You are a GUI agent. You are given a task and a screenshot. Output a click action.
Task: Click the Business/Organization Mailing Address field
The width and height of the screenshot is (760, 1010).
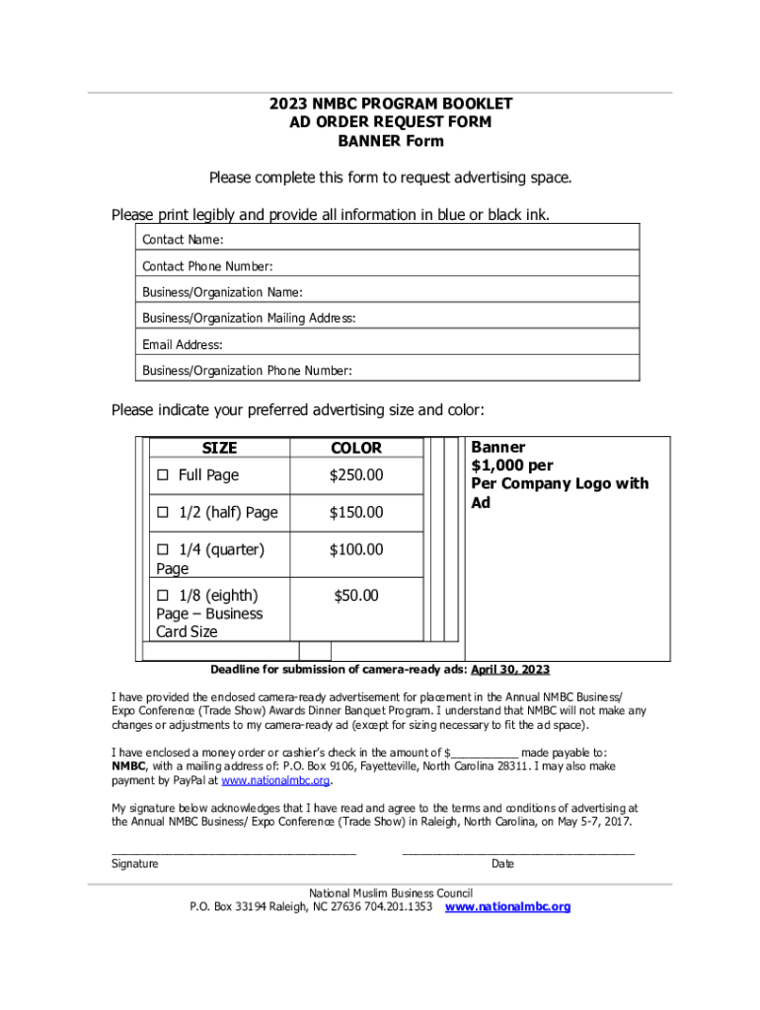(494, 319)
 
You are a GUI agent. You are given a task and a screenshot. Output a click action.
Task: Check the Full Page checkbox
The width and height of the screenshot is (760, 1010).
(163, 475)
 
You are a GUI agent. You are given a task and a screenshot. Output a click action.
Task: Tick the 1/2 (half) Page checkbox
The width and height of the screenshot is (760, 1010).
(163, 513)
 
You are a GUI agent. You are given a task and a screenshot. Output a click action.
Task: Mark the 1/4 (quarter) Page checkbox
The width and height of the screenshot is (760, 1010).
(163, 550)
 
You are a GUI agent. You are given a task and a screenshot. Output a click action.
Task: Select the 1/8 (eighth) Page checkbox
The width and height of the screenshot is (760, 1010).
(163, 596)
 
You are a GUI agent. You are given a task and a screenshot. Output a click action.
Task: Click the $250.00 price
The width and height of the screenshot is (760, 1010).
(356, 475)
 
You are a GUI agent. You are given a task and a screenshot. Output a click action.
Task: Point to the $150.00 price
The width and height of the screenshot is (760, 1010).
(356, 513)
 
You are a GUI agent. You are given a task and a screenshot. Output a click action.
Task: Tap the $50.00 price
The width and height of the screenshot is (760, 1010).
(356, 596)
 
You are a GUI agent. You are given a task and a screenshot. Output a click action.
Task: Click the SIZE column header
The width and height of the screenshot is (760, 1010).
(219, 448)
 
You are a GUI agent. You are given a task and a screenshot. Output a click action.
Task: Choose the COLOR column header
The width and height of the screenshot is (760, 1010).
(356, 448)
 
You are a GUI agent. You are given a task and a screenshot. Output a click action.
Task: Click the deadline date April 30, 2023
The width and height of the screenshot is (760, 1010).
(509, 671)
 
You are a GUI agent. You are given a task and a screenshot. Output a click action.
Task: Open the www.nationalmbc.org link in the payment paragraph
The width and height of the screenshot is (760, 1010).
(274, 781)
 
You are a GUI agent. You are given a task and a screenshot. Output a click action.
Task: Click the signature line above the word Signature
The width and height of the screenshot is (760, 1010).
(233, 849)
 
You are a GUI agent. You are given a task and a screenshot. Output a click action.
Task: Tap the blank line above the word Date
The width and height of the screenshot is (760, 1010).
(518, 849)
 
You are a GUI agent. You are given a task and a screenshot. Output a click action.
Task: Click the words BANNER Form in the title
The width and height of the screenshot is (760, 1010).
(379, 141)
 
